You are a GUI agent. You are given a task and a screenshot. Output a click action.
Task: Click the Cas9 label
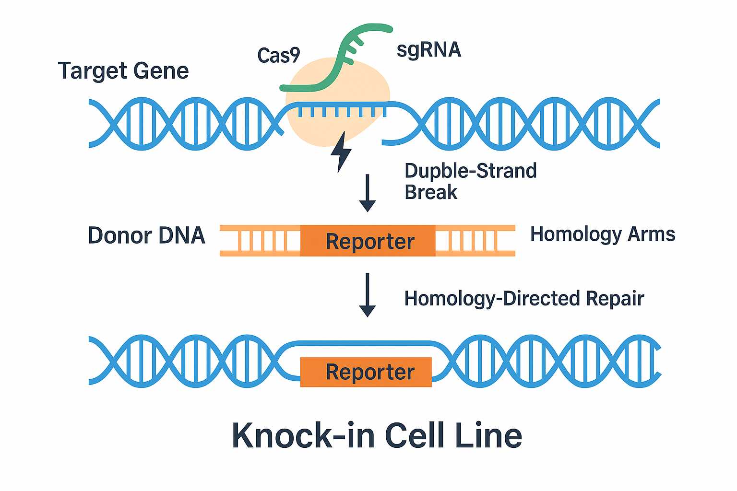(279, 56)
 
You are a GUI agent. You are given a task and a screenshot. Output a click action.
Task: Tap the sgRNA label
(428, 50)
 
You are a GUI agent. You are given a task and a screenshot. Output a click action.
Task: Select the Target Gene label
(123, 71)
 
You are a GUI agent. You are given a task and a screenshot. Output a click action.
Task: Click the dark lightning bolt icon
(342, 152)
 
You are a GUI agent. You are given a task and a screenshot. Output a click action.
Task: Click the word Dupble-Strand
(470, 171)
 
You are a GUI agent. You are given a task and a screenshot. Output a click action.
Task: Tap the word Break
(431, 192)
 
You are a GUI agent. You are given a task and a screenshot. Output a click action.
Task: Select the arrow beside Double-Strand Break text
(368, 192)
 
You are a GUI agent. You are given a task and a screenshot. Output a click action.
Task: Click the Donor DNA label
(146, 235)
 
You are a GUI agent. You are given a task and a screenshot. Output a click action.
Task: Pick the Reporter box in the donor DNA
(368, 241)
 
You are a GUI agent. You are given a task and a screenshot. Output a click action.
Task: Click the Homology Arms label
(602, 234)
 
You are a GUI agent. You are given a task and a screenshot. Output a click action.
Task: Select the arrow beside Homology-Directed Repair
(368, 294)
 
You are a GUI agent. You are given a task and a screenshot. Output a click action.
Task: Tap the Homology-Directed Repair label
(524, 298)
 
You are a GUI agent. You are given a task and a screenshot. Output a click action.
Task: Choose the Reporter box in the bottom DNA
(366, 372)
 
